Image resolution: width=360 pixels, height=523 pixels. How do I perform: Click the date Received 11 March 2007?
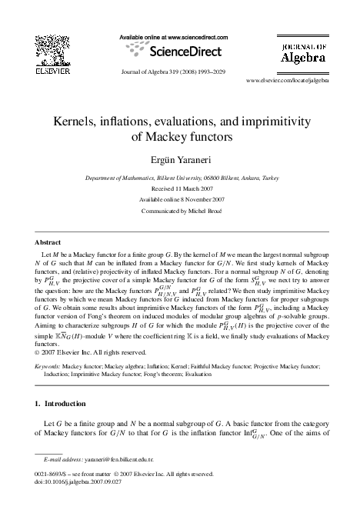click(180, 188)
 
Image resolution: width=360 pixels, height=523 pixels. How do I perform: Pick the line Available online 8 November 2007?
click(180, 198)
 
